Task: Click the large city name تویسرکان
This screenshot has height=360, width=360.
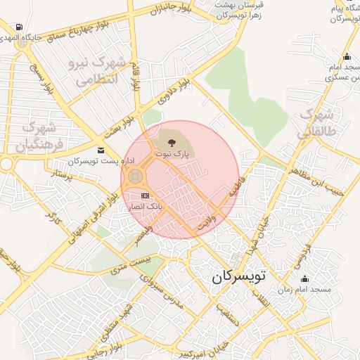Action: tap(239, 276)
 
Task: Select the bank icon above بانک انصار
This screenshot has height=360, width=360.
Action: tap(146, 195)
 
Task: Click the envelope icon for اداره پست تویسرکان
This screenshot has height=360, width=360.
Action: tap(102, 150)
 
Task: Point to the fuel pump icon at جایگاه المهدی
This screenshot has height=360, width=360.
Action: tap(18, 27)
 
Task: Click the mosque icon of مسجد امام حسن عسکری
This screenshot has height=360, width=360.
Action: tap(346, 57)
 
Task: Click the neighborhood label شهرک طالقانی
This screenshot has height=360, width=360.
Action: tap(319, 122)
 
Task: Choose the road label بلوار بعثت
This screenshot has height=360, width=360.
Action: tap(117, 127)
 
